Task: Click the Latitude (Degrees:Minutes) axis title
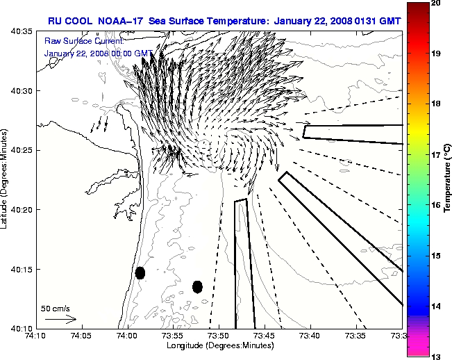(x=6, y=179)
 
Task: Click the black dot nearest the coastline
(x=140, y=272)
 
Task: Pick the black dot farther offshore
(x=197, y=286)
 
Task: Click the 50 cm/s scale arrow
(x=60, y=319)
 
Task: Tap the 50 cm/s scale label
(x=56, y=308)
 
